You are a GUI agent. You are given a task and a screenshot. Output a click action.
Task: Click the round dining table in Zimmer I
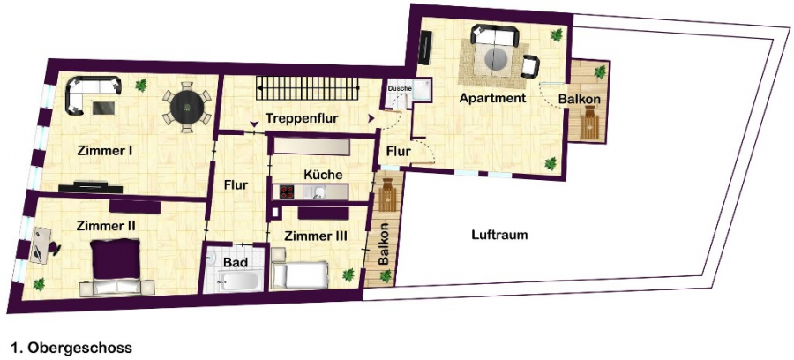click(187, 107)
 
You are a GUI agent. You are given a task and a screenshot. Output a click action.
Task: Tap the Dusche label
click(400, 88)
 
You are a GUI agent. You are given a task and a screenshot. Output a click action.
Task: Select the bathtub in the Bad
click(241, 281)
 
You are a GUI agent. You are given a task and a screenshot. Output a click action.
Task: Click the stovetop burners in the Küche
click(288, 191)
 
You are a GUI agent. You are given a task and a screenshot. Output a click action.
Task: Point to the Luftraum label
click(499, 235)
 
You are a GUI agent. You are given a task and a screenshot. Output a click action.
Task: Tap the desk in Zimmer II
click(41, 244)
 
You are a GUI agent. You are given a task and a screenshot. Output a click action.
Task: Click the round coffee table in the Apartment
click(495, 60)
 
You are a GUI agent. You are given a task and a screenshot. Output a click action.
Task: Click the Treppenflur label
click(302, 118)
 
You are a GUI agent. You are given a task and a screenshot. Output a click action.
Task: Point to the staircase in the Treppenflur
click(308, 89)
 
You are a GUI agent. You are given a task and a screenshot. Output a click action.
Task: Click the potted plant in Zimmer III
click(348, 275)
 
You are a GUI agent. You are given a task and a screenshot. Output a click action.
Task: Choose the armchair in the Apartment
click(529, 66)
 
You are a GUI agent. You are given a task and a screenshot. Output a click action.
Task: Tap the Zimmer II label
click(106, 226)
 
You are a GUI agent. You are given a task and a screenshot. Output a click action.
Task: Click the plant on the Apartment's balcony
click(600, 71)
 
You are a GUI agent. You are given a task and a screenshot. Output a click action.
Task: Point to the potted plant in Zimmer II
click(39, 284)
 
